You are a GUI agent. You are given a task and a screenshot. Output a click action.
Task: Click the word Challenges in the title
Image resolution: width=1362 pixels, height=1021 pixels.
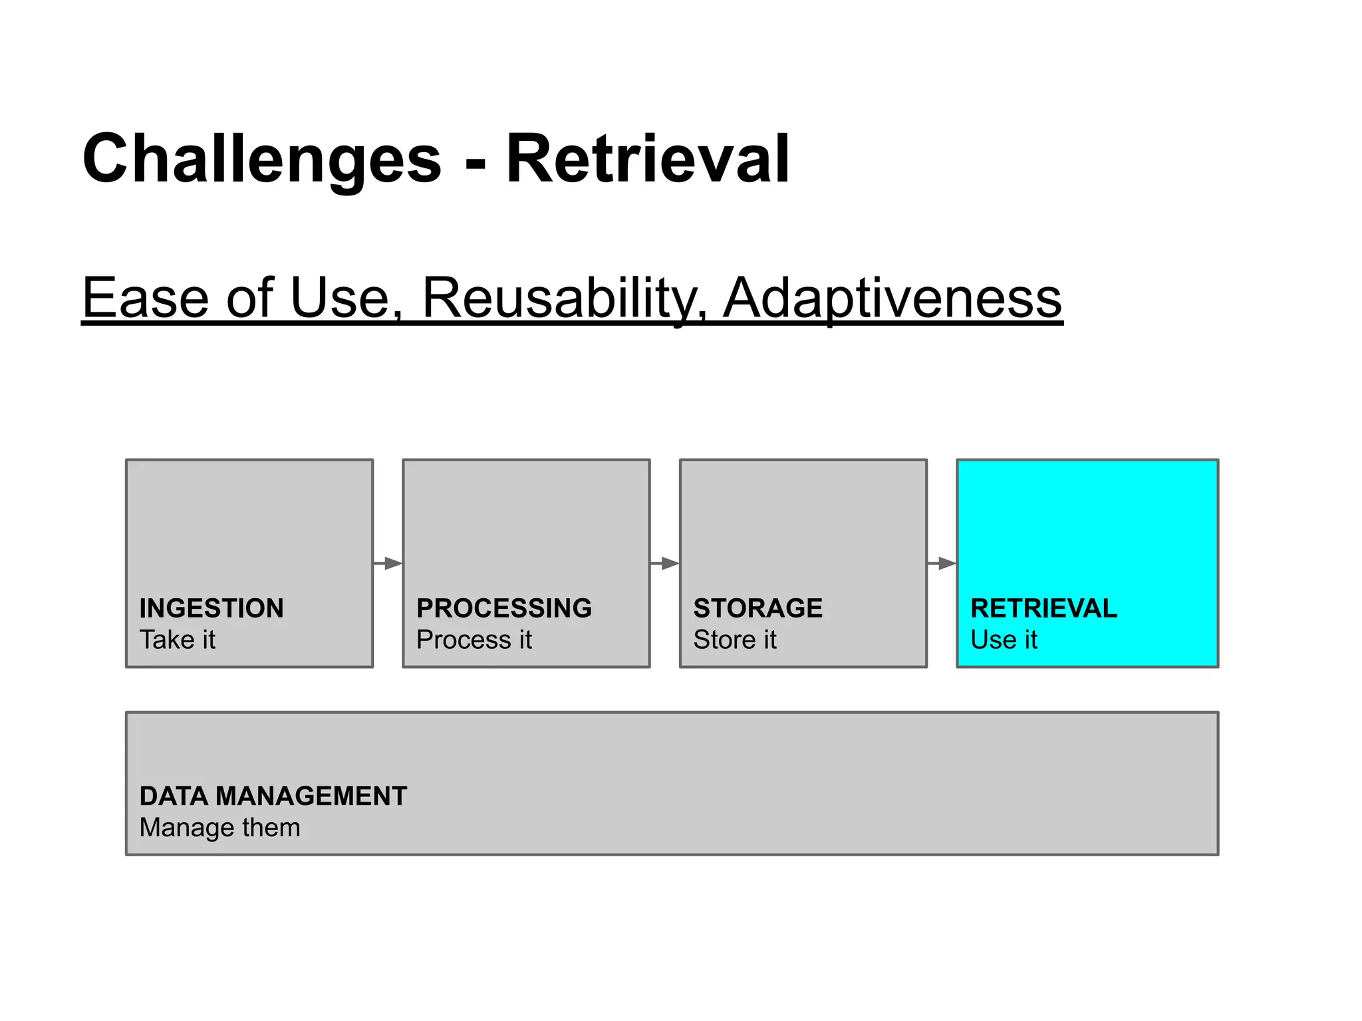262,160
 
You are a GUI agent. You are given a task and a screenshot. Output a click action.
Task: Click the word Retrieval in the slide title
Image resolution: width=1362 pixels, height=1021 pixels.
648,160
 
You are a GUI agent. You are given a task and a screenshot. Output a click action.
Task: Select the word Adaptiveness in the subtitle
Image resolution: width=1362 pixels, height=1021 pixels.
892,298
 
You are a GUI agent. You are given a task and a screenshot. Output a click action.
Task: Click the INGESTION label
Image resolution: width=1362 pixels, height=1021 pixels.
211,608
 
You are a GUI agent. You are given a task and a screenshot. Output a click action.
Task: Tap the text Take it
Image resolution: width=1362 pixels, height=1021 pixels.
178,640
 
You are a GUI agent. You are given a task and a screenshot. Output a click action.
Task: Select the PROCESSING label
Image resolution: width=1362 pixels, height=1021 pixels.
504,608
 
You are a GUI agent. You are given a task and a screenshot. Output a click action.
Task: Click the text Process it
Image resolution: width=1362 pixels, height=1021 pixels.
474,640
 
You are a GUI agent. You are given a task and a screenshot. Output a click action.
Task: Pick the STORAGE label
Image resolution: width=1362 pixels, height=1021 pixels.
758,608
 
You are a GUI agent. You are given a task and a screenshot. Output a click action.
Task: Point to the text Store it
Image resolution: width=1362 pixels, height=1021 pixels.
735,640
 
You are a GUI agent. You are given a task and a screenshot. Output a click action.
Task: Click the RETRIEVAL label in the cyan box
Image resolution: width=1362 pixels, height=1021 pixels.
1044,608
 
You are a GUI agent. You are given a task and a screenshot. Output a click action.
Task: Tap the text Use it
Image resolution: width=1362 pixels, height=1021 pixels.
1004,640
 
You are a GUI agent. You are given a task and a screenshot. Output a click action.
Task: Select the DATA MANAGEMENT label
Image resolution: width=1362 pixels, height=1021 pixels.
273,796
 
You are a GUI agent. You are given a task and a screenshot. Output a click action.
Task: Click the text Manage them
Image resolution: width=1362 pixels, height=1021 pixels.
220,828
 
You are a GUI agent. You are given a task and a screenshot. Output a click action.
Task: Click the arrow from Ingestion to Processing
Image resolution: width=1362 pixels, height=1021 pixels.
388,564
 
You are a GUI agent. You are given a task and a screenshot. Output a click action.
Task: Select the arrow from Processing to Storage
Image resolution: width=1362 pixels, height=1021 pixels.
665,564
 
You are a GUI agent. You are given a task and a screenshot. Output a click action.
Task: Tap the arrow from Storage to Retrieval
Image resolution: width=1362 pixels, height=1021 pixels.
942,564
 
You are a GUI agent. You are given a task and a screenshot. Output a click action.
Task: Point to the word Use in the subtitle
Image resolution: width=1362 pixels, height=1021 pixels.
339,298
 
